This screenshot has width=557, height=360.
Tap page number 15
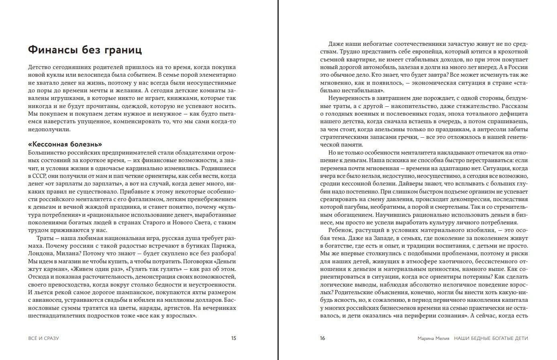tap(233, 338)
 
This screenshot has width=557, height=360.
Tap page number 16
tap(322, 338)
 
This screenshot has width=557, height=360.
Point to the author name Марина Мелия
tap(433, 338)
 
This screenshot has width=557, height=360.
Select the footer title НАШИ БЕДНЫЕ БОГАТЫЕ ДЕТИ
tap(491, 338)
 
